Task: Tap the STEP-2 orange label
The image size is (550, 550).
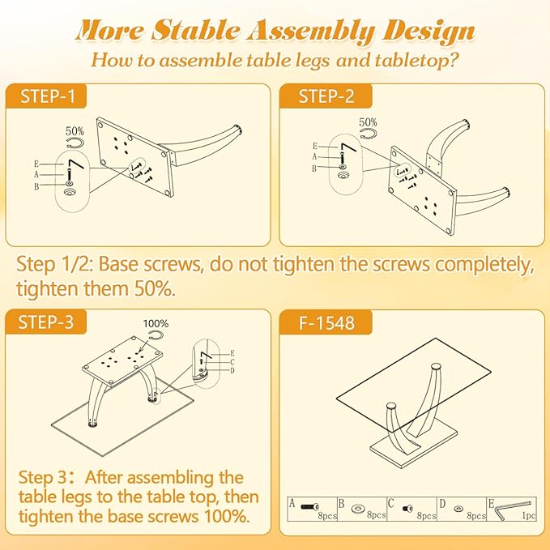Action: point(326,97)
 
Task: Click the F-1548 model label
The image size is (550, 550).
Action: point(326,322)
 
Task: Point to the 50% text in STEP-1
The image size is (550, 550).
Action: point(75,130)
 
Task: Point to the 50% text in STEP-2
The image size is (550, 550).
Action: point(368,122)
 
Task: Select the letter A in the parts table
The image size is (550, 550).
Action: point(292,502)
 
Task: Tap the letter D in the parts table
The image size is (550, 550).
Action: point(442,502)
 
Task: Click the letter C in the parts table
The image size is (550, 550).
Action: point(391,502)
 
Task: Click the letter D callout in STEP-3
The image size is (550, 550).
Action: point(232,370)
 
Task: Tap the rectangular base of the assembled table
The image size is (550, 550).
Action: point(405,448)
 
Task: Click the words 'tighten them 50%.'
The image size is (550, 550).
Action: point(96,288)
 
